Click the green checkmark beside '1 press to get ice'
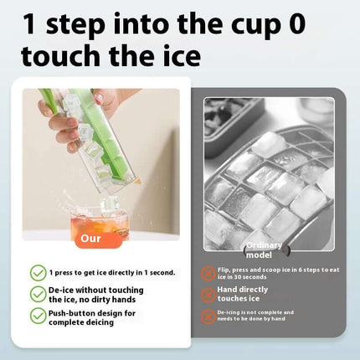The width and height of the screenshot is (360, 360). [39, 273]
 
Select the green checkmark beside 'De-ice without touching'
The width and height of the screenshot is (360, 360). [39, 294]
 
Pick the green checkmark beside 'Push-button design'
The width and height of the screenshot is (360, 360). [39, 315]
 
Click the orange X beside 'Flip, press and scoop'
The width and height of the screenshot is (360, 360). [208, 273]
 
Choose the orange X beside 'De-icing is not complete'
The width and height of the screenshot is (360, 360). [208, 316]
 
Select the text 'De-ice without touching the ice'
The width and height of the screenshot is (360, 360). [92, 294]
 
